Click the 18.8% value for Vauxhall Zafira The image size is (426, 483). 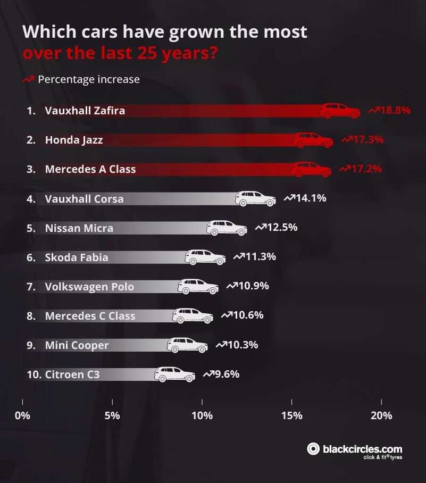click(395, 111)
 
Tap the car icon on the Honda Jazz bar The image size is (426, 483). click(313, 140)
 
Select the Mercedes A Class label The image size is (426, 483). click(90, 169)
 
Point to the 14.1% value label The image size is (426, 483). click(311, 198)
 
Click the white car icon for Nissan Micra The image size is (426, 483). click(227, 228)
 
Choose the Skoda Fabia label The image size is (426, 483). click(77, 257)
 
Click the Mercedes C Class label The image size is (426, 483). click(90, 316)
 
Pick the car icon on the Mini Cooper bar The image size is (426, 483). click(187, 345)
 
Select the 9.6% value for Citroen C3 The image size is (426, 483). click(227, 374)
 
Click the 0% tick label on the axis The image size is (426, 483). click(22, 415)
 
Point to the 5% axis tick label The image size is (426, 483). click(112, 415)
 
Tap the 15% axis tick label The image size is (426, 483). click(292, 415)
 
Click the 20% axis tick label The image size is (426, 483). click(381, 415)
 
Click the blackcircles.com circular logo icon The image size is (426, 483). click(314, 449)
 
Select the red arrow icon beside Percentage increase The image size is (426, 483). click(28, 80)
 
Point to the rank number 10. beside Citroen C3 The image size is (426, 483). click(34, 374)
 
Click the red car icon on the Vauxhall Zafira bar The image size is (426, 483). click(340, 111)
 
